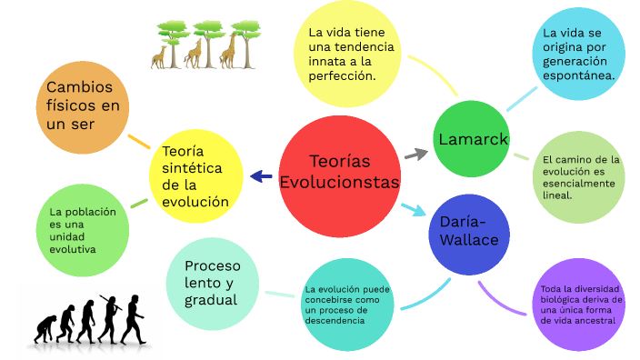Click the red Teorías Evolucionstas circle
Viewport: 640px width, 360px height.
tap(339, 172)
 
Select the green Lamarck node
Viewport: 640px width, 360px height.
tap(472, 139)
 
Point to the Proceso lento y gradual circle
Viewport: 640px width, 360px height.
tap(213, 282)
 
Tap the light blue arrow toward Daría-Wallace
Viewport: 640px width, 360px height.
tap(415, 210)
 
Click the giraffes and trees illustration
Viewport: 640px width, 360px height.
tap(203, 45)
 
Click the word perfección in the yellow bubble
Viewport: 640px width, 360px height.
tap(336, 76)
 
